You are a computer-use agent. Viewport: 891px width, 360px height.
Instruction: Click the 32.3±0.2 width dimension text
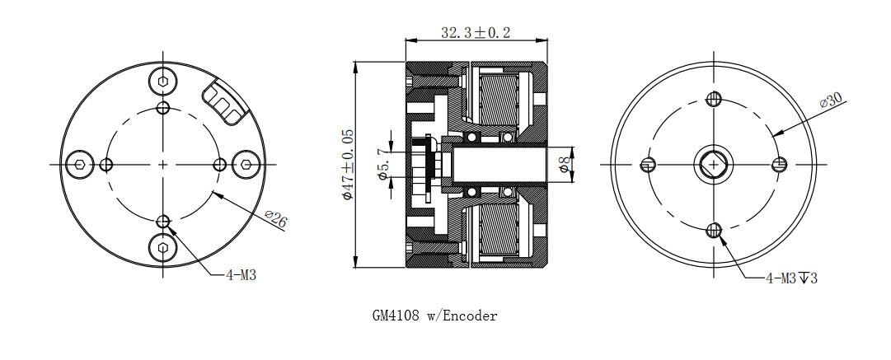[x=476, y=32]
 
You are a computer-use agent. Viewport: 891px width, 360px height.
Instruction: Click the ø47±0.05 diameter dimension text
[x=347, y=164]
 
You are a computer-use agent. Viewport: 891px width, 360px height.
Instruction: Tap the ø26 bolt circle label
[x=275, y=219]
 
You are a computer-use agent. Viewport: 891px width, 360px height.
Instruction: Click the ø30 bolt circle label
[x=831, y=101]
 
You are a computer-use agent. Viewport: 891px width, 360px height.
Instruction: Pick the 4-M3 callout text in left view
[x=241, y=275]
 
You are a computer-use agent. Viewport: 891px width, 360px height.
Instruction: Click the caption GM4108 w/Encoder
[x=434, y=316]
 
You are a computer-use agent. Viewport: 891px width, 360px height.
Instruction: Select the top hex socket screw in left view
[x=163, y=82]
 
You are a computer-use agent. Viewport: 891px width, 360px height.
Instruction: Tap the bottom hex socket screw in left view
[x=163, y=248]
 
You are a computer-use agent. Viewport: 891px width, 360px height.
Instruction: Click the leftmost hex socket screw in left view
[x=80, y=165]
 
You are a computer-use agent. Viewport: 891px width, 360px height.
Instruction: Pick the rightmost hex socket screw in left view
[x=246, y=165]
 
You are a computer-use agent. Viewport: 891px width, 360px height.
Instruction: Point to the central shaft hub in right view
[x=713, y=164]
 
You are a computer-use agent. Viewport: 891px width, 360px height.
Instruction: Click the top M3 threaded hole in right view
[x=714, y=99]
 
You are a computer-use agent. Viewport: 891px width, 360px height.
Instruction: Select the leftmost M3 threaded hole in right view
[x=648, y=165]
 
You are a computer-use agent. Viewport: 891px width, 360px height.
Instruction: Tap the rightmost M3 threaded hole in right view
[x=780, y=164]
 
